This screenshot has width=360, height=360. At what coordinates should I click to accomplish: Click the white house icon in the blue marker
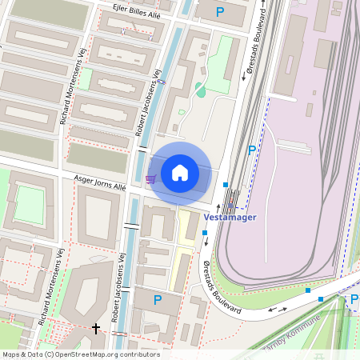[180, 172]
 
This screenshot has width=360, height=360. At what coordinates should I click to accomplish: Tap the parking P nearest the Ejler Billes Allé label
[220, 12]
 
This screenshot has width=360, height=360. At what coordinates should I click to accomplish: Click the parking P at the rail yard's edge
[252, 150]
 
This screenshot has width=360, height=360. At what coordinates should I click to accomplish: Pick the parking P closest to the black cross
[158, 300]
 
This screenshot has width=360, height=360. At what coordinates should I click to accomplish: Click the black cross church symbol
[97, 328]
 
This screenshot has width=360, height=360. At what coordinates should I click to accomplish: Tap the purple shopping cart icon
[150, 178]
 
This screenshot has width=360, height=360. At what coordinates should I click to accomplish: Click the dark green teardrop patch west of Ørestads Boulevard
[199, 89]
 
